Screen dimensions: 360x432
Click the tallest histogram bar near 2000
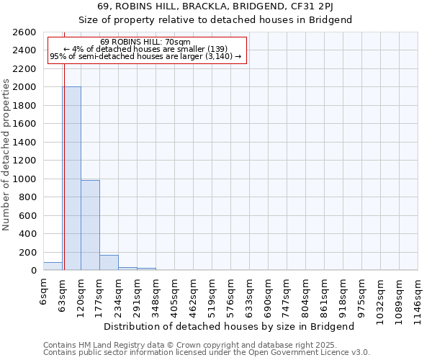pos(71,179)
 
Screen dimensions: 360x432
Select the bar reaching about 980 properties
pos(90,225)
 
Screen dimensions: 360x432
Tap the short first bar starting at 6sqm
pos(53,266)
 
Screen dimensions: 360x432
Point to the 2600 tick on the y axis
pos(24,32)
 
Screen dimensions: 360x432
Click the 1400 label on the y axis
pos(24,143)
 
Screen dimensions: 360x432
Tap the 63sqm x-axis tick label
pos(63,291)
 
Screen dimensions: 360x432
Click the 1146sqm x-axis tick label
pos(418,296)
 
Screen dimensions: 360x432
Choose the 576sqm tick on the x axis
pos(231,293)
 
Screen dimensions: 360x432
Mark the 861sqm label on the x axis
pos(325,293)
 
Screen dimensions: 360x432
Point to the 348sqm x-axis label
pos(156,293)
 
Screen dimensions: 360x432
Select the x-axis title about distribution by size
pos(229,326)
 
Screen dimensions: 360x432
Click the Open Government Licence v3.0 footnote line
pos(207,353)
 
